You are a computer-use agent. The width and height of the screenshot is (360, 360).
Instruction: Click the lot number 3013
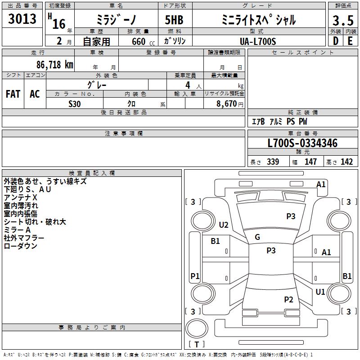click(22, 19)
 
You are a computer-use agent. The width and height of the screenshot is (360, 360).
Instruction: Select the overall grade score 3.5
click(342, 21)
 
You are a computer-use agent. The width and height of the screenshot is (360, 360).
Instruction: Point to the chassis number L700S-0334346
click(302, 144)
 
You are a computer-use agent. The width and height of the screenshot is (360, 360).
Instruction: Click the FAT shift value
click(13, 94)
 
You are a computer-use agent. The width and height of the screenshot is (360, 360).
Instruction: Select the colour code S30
click(75, 103)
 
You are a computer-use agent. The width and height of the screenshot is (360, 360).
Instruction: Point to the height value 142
click(346, 162)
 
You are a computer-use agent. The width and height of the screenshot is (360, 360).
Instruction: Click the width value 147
click(310, 162)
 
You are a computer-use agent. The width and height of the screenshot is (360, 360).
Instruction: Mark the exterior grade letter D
click(335, 41)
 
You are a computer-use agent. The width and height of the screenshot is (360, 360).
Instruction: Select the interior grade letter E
click(350, 41)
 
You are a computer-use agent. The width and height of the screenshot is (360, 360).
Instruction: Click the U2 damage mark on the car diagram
click(224, 225)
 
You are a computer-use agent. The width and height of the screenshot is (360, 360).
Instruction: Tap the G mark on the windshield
click(257, 237)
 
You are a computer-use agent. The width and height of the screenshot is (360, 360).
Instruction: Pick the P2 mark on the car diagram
click(288, 300)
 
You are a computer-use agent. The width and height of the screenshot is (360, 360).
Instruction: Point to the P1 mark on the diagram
click(195, 276)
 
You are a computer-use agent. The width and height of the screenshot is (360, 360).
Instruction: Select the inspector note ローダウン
click(20, 246)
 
